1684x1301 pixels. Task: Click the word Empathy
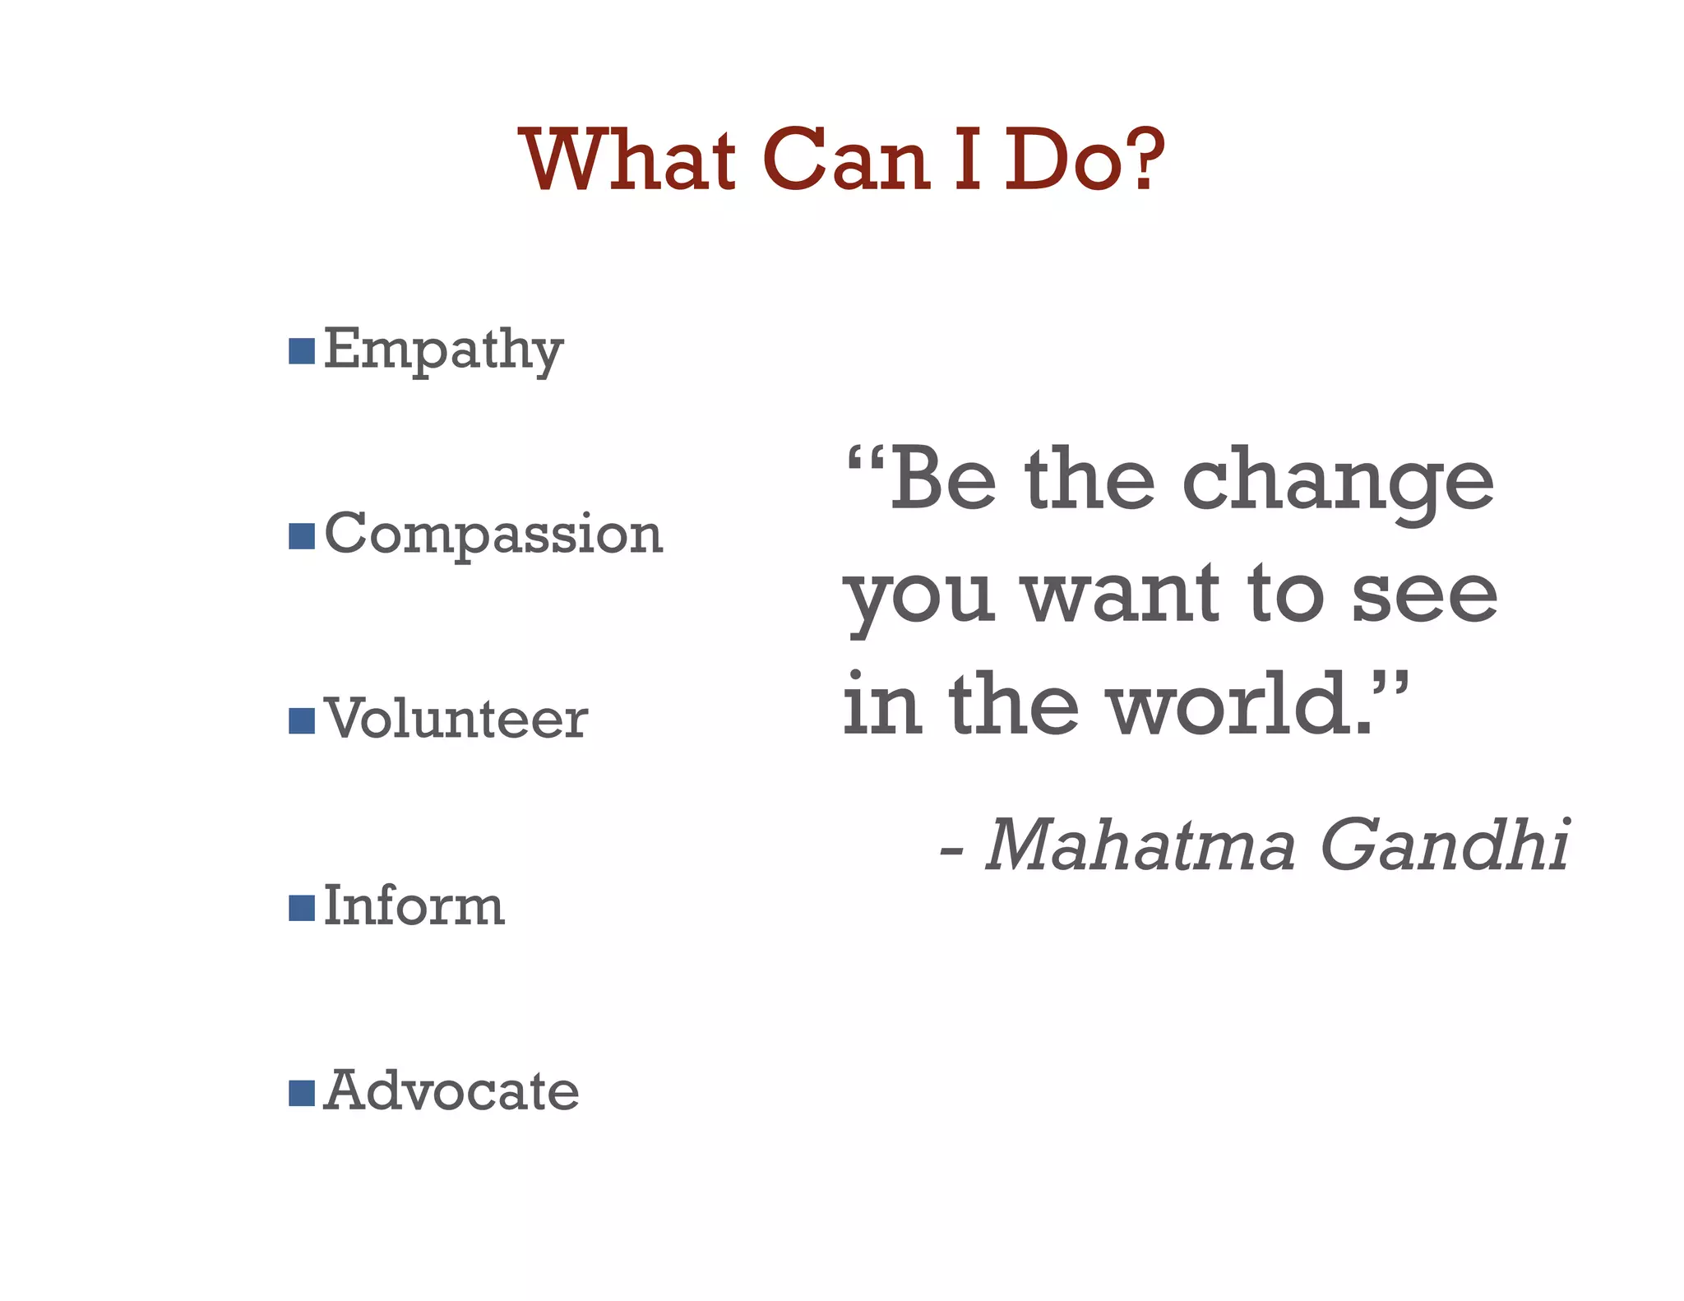tap(443, 350)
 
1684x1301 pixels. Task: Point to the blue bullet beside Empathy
tap(302, 350)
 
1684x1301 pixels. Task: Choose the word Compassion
tap(493, 535)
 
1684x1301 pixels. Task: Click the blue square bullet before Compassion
tap(302, 535)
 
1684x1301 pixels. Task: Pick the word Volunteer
tap(456, 720)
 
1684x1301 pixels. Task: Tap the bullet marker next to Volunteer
tap(302, 720)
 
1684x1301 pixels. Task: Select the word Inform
tap(414, 906)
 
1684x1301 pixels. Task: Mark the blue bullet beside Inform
tap(302, 908)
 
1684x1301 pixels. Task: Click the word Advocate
tap(451, 1092)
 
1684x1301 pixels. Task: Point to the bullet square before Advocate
tap(302, 1094)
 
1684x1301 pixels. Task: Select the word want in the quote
tap(1122, 594)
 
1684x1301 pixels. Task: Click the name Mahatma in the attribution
tap(1140, 845)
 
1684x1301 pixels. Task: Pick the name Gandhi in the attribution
tap(1445, 845)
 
